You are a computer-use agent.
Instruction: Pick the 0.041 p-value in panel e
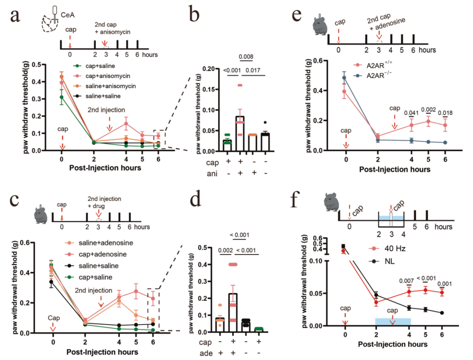click(412, 113)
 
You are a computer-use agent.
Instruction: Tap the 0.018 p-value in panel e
click(445, 113)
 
